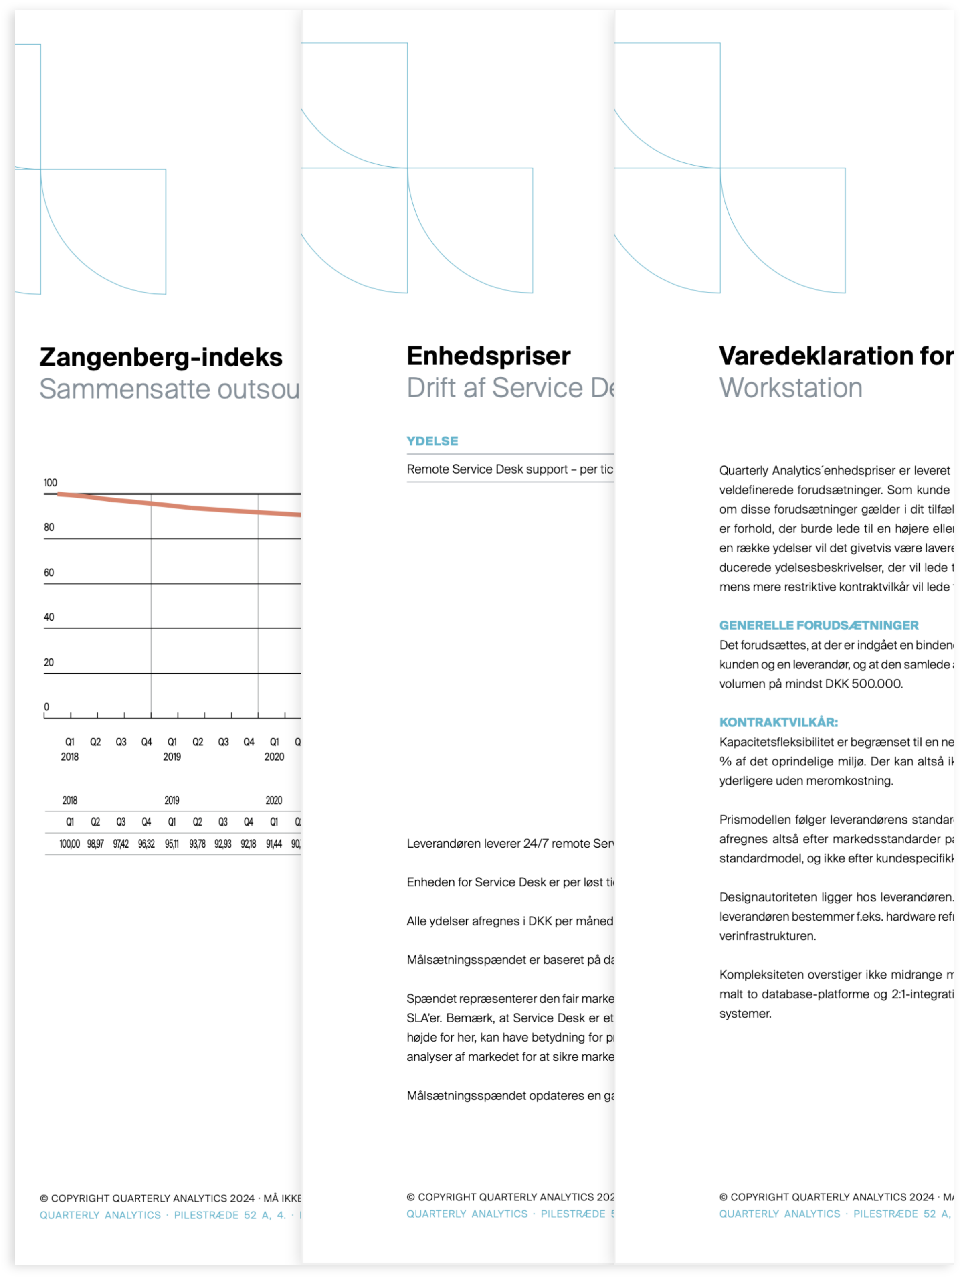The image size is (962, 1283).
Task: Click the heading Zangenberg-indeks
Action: coord(161,357)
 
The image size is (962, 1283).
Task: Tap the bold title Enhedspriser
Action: coord(488,356)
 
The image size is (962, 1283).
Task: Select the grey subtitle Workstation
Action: coord(790,388)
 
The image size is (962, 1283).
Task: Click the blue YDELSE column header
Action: coord(432,441)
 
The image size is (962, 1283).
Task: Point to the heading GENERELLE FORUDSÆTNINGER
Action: coord(818,626)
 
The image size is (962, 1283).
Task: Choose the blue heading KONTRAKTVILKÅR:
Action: coord(778,723)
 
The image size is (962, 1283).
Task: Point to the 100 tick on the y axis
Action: coord(51,483)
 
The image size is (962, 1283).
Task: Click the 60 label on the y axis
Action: coord(49,573)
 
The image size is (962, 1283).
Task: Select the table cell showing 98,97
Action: coord(95,844)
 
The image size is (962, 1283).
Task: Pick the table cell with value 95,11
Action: coord(172,844)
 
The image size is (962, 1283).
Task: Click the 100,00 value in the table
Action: coord(70,844)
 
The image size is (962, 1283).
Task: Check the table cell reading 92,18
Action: coord(248,844)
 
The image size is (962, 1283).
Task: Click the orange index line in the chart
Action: coord(174,505)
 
